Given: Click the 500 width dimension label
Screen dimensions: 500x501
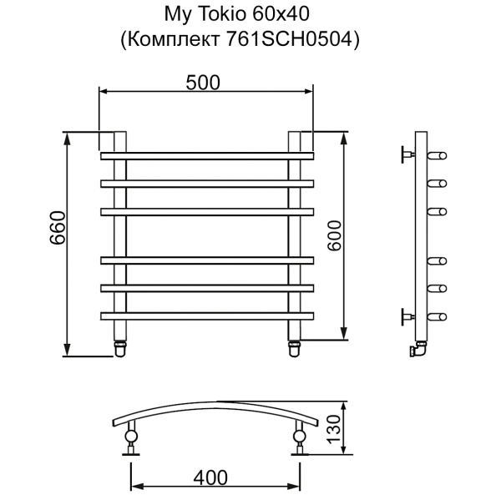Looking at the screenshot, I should [202, 82].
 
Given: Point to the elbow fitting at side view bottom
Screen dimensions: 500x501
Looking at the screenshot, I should [418, 351].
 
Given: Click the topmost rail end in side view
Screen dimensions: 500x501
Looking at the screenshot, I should [438, 155].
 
